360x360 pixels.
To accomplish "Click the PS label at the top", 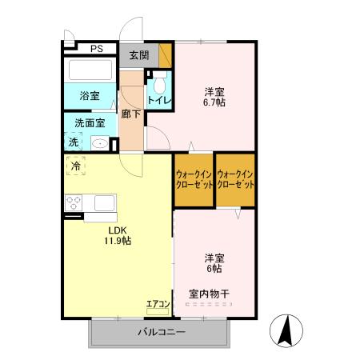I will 97,49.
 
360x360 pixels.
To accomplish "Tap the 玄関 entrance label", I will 139,55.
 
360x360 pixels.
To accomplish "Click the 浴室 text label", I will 90,96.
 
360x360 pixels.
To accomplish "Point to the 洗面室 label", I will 90,123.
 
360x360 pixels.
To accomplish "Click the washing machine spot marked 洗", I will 74,142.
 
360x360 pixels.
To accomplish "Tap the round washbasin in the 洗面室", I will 100,143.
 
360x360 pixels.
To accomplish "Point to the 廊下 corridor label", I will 131,114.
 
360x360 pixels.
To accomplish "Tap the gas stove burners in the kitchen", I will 74,202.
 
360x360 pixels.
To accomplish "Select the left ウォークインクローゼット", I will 194,179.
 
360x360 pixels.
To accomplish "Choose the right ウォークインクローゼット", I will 235,179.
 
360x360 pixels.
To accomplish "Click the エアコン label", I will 157,303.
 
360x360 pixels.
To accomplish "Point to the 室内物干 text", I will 209,294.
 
